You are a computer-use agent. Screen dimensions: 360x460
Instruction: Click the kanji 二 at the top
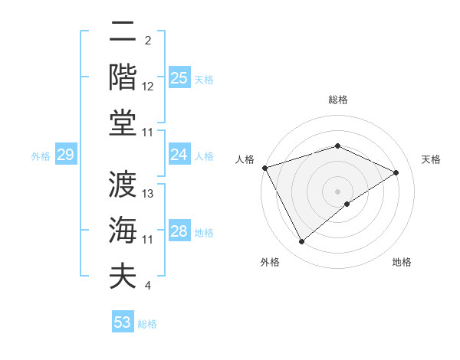(x=123, y=32)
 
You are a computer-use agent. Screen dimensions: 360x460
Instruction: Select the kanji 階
(x=123, y=77)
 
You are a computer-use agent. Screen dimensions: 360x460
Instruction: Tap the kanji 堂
(x=123, y=122)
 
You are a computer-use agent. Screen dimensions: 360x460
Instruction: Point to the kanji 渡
(x=123, y=184)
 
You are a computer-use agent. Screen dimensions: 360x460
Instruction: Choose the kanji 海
(x=123, y=230)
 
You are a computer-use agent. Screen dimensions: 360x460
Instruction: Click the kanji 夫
(x=123, y=275)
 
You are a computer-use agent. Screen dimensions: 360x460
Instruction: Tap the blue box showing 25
(x=179, y=77)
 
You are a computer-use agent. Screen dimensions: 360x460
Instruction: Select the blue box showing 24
(x=179, y=155)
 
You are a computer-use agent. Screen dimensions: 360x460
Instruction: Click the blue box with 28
(x=179, y=231)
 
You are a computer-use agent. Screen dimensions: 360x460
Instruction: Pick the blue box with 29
(x=65, y=155)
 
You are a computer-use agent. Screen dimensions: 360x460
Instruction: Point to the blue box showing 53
(x=123, y=322)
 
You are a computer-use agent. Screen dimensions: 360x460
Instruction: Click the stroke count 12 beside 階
(x=148, y=87)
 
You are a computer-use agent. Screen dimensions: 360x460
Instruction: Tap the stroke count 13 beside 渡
(x=149, y=194)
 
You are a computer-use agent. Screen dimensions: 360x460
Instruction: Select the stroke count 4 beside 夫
(x=148, y=286)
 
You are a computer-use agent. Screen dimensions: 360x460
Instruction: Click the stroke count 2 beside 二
(x=148, y=41)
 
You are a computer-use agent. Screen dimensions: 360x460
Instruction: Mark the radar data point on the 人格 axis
(x=264, y=168)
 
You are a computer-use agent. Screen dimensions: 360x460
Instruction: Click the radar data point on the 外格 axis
(x=302, y=241)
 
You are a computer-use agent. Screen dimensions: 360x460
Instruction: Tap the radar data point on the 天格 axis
(x=396, y=172)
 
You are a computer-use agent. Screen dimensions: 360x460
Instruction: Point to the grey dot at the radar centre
(x=337, y=191)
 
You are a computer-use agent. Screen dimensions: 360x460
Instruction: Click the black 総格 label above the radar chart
(x=337, y=100)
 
